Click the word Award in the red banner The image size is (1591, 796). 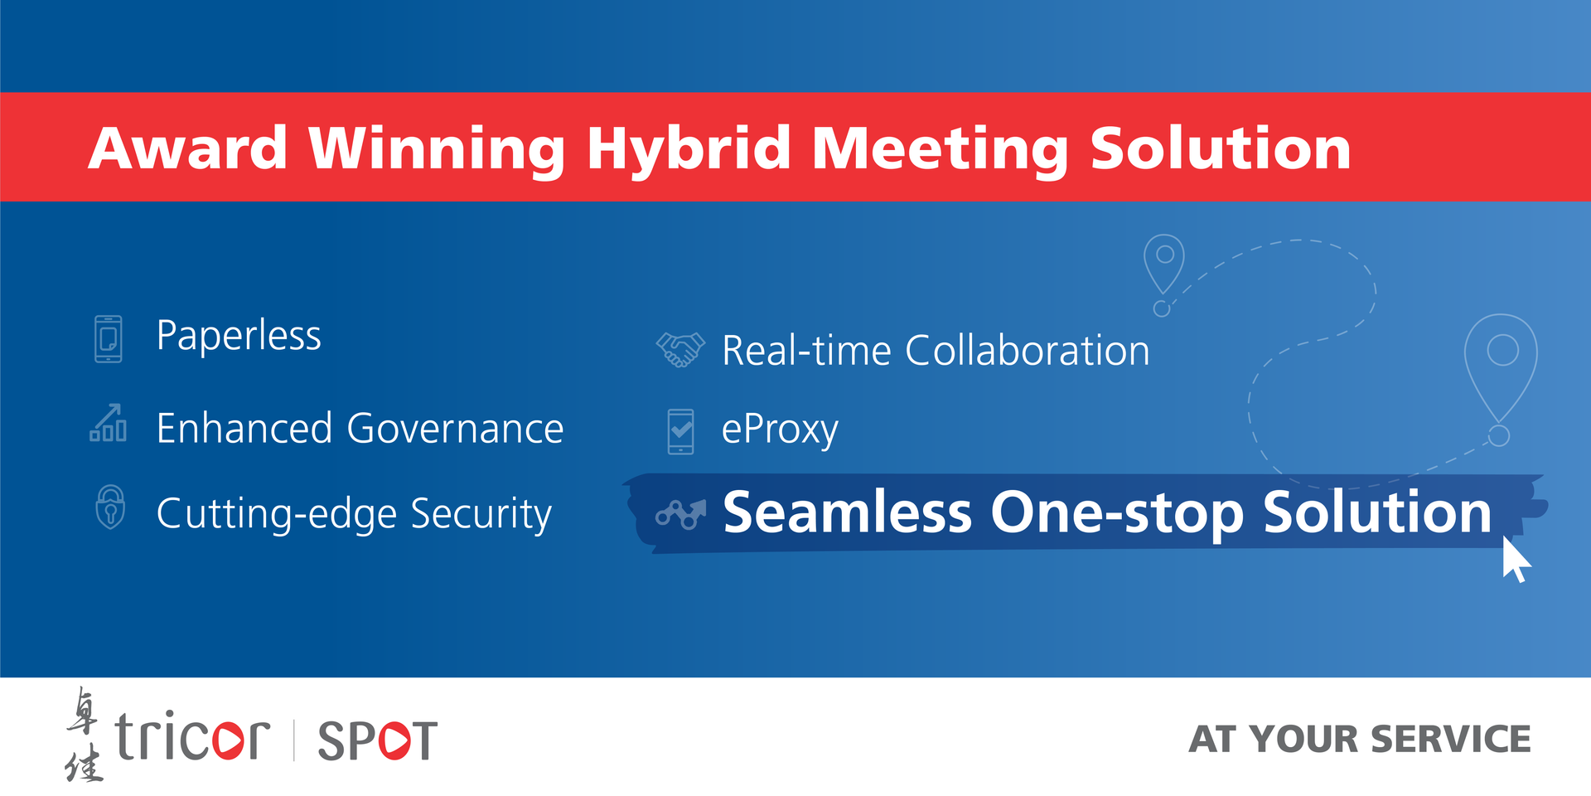click(x=188, y=148)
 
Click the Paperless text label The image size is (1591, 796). click(x=239, y=336)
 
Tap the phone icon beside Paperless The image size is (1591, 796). click(x=109, y=338)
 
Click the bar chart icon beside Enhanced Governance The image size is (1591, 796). click(x=109, y=423)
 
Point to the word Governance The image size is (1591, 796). click(x=455, y=429)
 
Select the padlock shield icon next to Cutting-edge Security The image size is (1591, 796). click(x=110, y=507)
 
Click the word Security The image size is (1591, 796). click(x=481, y=514)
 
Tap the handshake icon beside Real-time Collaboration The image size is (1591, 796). click(x=680, y=349)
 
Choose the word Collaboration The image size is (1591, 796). click(x=1028, y=350)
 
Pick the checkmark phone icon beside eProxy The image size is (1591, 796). click(x=681, y=431)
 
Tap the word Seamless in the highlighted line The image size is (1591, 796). click(x=847, y=512)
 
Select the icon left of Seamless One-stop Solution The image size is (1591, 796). click(x=680, y=515)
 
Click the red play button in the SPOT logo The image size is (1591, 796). click(x=392, y=740)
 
